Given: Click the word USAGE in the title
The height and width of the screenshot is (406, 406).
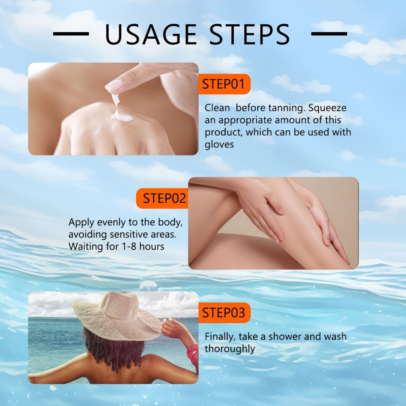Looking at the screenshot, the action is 151,35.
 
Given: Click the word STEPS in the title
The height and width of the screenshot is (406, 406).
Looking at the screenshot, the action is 249,35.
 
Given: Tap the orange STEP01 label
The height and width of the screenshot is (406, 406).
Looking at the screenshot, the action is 224,84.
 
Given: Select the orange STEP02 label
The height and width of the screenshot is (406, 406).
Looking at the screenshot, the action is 162,199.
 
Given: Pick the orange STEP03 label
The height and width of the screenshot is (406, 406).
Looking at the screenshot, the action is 224,313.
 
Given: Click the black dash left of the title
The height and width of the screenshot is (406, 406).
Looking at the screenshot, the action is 71,34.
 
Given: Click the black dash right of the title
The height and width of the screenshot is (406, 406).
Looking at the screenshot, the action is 329,34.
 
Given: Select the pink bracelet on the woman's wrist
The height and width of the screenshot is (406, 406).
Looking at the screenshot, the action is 192,354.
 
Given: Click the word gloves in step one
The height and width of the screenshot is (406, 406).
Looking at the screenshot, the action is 219,145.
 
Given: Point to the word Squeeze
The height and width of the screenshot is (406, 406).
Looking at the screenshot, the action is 327,108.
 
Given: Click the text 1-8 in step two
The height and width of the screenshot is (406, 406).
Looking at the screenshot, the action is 129,246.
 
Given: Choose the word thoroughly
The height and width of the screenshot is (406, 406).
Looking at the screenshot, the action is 230,349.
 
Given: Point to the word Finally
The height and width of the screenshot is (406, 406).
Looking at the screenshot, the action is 220,337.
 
